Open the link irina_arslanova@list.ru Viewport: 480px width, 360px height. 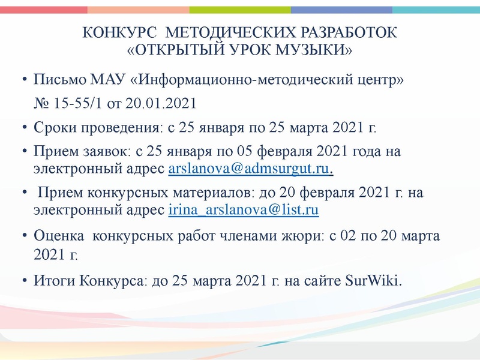tap(244, 210)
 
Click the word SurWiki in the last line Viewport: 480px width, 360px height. tap(373, 281)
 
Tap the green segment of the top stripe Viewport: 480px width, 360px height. tap(240, 10)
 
